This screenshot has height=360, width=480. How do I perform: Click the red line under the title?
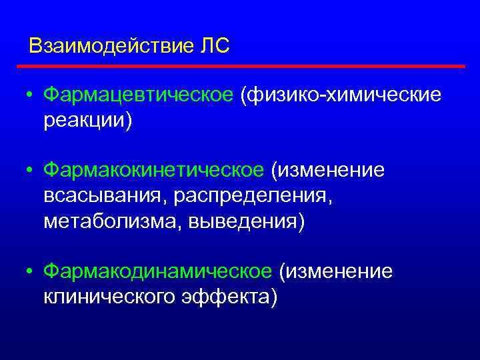(x=240, y=67)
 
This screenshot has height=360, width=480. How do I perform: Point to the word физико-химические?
(x=344, y=95)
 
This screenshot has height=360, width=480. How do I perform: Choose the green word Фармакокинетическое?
(x=154, y=171)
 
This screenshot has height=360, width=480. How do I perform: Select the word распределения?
(x=250, y=196)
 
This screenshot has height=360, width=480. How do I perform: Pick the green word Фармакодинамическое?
(x=158, y=271)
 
